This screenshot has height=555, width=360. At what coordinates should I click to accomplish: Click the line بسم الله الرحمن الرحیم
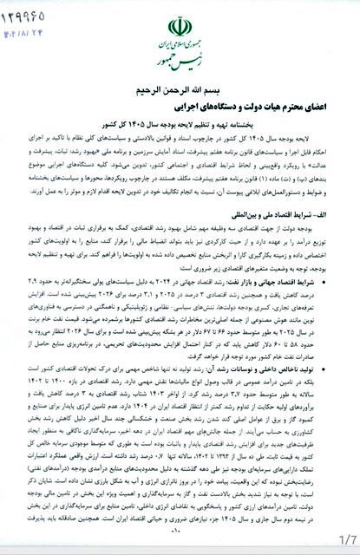(180, 89)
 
